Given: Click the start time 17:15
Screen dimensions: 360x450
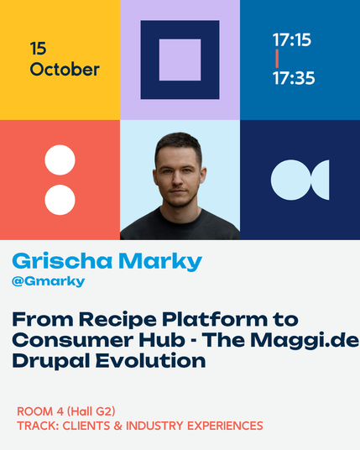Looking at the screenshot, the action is [292, 39].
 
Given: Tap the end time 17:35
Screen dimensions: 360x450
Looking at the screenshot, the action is [294, 78].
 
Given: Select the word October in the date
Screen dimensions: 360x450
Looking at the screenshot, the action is [65, 70].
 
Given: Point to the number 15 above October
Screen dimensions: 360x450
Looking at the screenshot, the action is [38, 48].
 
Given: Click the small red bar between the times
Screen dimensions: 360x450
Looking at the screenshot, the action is [277, 59].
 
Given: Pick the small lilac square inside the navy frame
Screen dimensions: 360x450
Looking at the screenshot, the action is [180, 60].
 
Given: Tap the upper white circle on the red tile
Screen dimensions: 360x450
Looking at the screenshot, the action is [60, 160].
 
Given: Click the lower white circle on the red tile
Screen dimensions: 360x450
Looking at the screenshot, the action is [60, 200].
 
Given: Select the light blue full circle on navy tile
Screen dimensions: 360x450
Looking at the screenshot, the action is [291, 180].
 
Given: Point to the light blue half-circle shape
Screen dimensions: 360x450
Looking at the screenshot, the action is [322, 180].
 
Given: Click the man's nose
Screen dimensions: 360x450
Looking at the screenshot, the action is [178, 180].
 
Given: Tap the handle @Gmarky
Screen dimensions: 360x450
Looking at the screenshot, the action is [48, 281].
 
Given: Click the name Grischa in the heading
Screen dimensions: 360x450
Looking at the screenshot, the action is [62, 261].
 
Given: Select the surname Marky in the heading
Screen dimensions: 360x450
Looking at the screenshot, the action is [160, 261].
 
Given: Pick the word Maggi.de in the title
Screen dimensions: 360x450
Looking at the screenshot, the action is [305, 341].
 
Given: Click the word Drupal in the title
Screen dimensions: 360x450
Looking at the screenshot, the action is [51, 361].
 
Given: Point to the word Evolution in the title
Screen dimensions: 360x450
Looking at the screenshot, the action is [150, 360].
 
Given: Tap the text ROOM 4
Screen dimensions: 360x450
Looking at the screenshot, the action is [40, 411].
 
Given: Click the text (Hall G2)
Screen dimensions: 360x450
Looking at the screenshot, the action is [91, 411].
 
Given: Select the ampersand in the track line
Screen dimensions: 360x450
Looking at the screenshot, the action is [117, 426].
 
